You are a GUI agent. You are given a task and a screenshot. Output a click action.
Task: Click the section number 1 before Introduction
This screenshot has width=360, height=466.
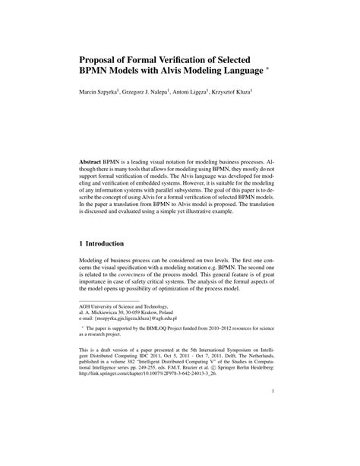pos(82,245)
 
